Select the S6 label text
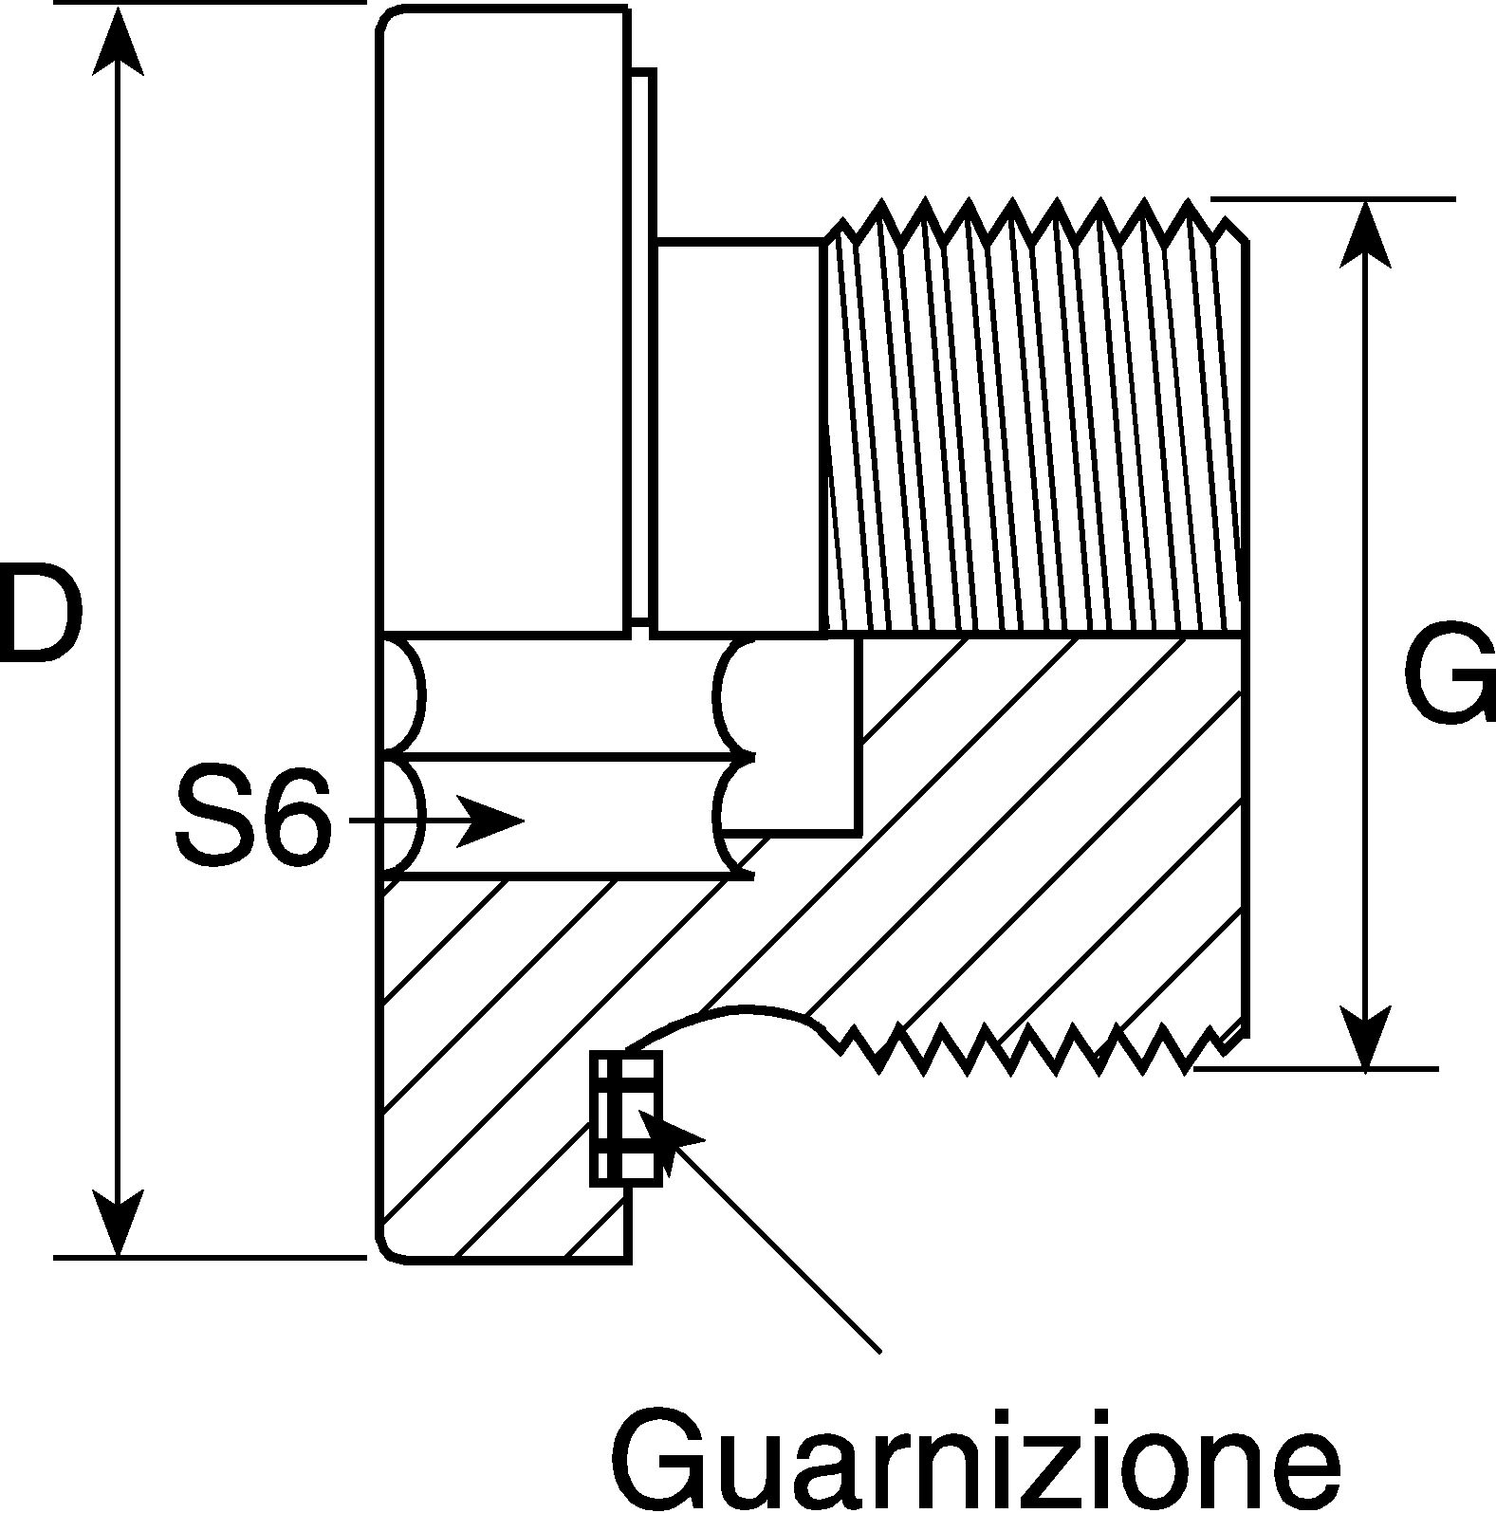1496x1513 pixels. (x=254, y=818)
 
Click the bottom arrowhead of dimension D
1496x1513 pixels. (x=118, y=1223)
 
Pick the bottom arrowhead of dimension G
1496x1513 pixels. (x=1364, y=1037)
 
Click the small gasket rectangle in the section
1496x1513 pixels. (x=626, y=1117)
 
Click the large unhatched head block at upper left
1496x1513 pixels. (x=503, y=319)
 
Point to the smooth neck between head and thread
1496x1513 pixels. (x=739, y=436)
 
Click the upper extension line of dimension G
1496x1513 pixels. (x=1333, y=199)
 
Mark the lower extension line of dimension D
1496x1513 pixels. (x=210, y=1258)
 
